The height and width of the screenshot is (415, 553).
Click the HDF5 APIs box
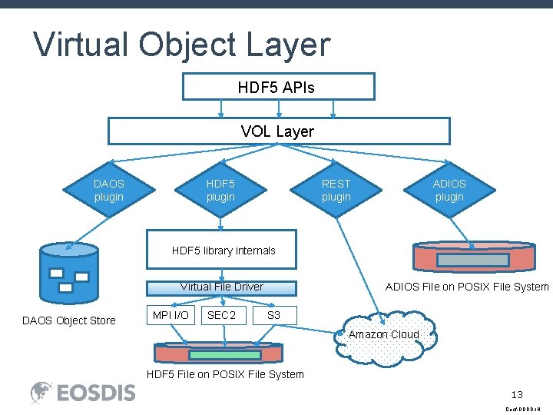click(278, 87)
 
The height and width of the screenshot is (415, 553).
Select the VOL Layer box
click(278, 131)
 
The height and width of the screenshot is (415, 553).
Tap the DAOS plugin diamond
click(108, 191)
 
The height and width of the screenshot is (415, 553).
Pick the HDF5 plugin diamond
click(220, 191)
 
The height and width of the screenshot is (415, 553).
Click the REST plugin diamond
click(336, 191)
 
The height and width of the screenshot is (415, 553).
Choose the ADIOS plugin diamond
click(449, 191)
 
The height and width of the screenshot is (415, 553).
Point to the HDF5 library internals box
click(222, 250)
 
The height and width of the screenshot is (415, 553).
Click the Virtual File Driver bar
click(221, 287)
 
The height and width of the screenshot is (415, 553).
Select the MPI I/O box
click(171, 315)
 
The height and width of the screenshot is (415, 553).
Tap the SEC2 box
click(222, 315)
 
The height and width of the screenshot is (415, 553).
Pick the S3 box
click(273, 315)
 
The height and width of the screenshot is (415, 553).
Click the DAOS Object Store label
click(69, 320)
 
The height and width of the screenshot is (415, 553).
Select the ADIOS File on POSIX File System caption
click(467, 287)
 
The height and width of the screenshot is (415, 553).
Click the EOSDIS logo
click(83, 393)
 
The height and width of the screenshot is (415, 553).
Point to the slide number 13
click(518, 394)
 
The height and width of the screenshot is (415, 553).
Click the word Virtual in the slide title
click(81, 45)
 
